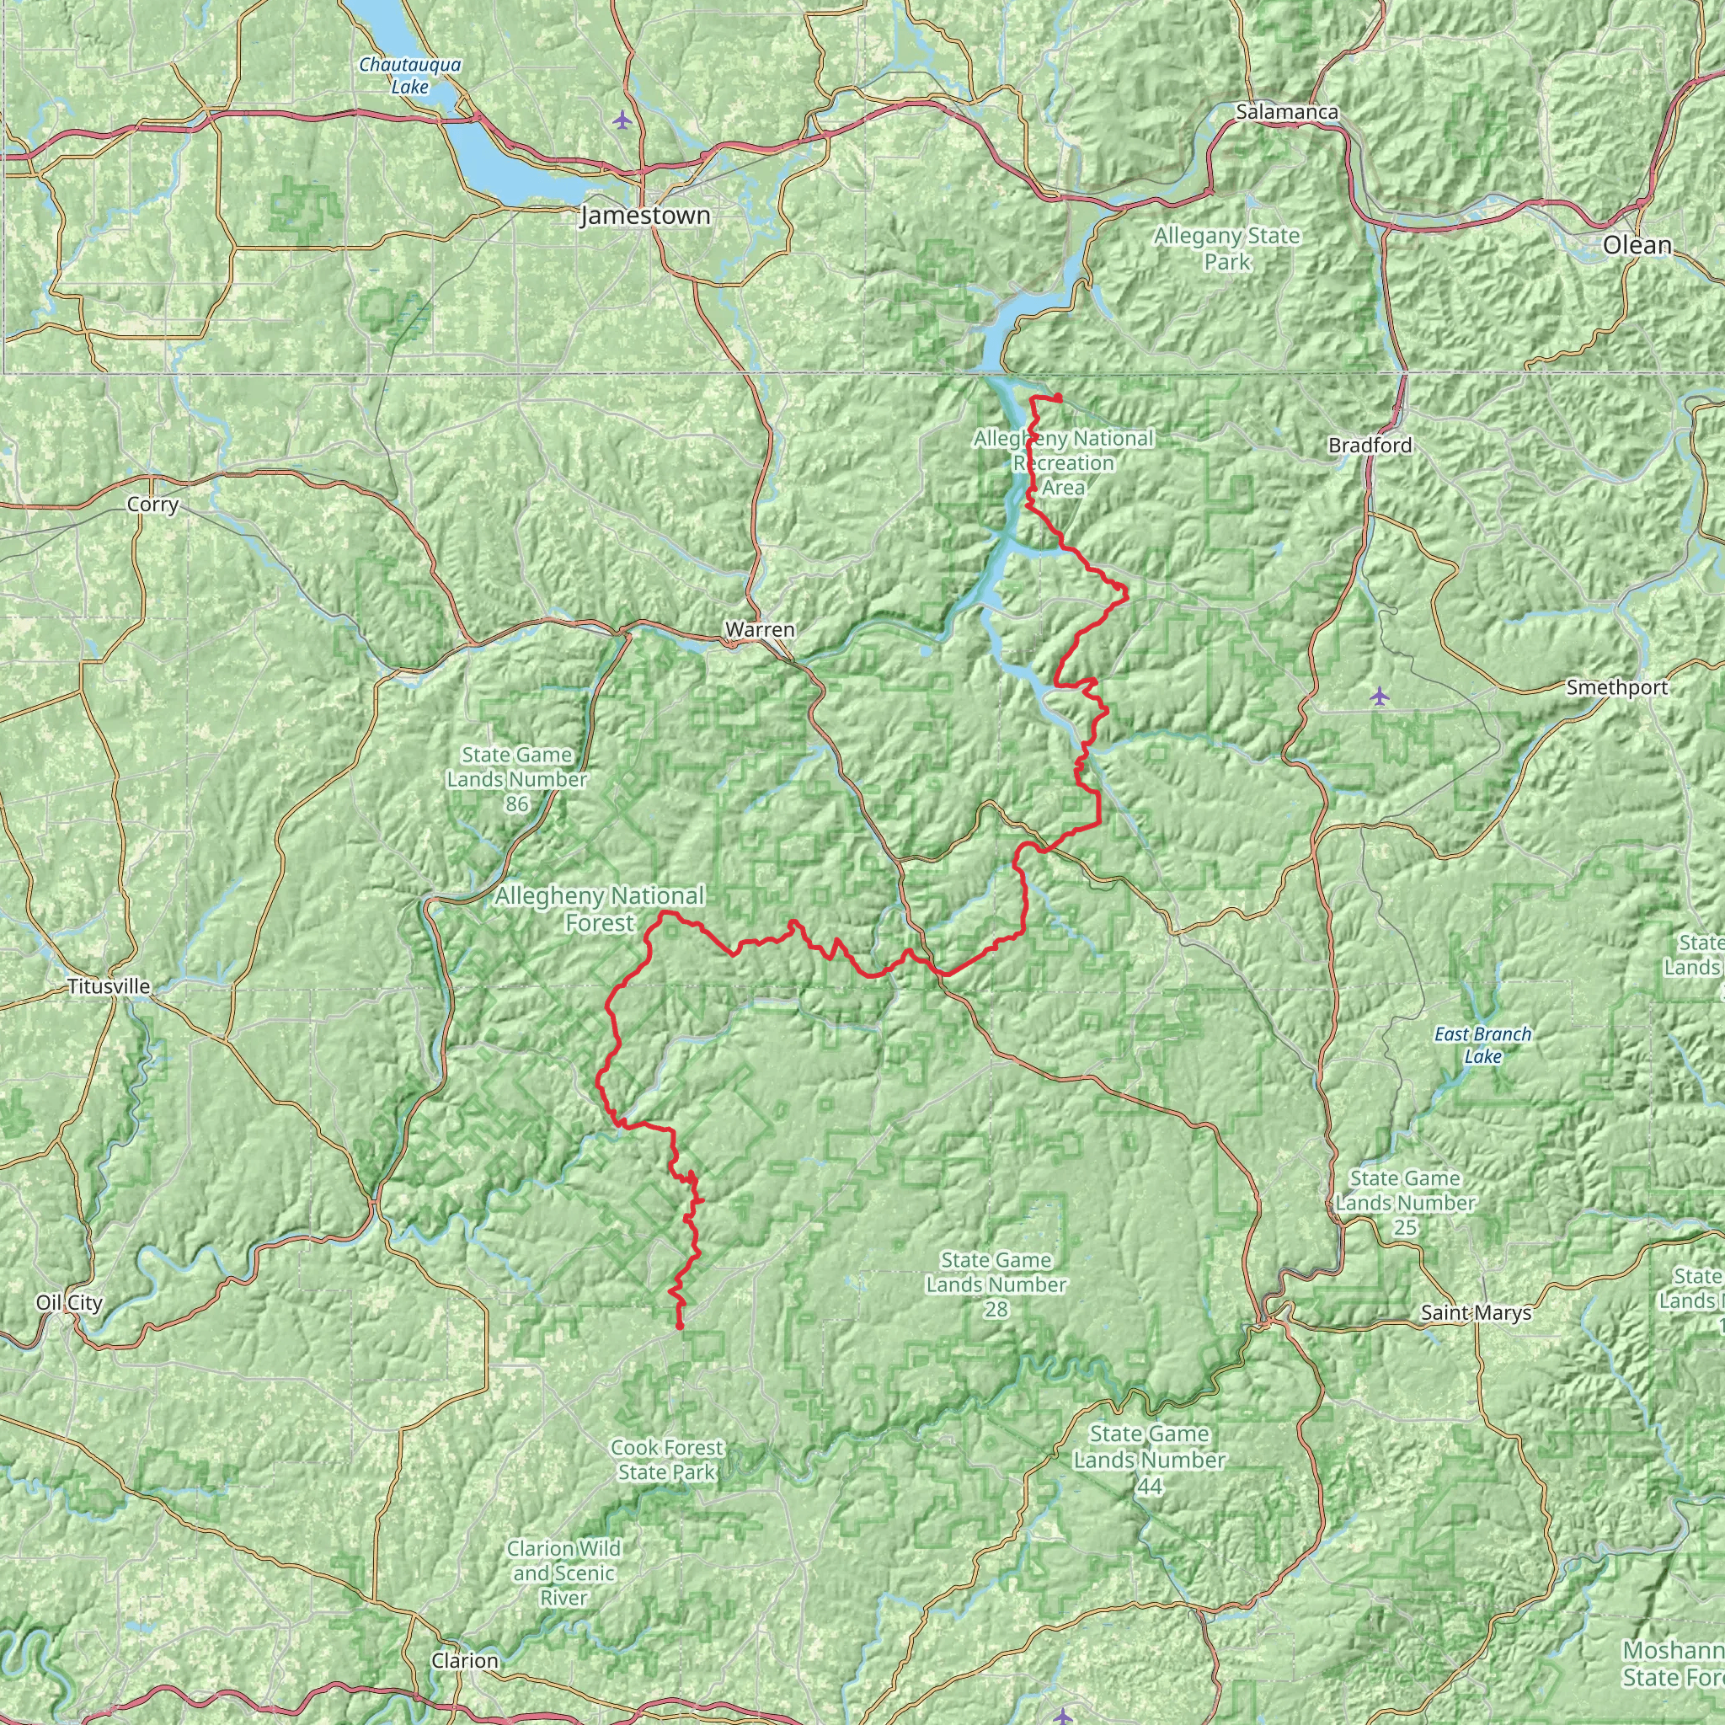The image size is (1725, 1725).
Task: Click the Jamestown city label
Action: (645, 216)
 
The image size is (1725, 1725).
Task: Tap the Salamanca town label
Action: (1287, 113)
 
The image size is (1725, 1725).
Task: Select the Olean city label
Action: (1637, 246)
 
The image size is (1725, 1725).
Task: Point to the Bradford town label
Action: (1370, 445)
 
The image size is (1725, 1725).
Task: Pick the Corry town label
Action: (152, 505)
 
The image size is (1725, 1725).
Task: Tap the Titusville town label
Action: (108, 986)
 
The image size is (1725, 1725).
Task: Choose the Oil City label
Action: (70, 1303)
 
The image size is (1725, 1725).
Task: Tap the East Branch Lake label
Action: (1482, 1044)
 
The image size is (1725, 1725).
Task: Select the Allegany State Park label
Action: (1226, 249)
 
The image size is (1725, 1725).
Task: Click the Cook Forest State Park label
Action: (666, 1459)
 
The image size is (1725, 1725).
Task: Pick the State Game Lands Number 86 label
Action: (517, 779)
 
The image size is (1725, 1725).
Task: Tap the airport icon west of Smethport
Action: (1380, 695)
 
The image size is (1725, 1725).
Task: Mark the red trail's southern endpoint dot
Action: (681, 1327)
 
